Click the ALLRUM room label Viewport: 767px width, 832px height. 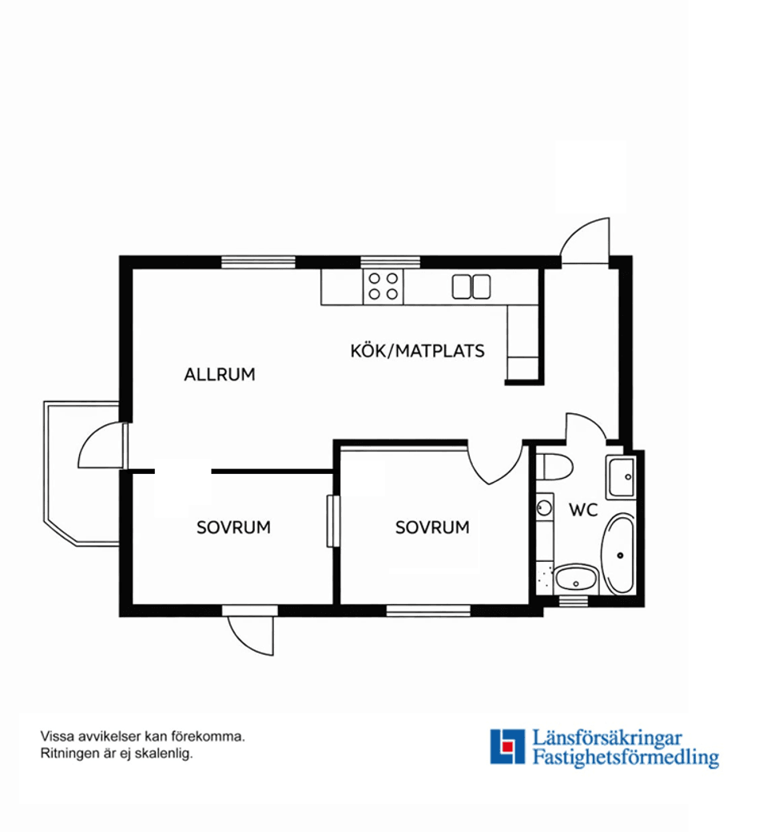click(x=220, y=375)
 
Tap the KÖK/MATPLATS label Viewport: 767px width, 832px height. click(x=417, y=351)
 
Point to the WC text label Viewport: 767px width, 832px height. click(x=583, y=510)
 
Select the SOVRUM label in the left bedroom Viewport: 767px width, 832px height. click(x=233, y=527)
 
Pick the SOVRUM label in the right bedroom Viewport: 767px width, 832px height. click(x=432, y=527)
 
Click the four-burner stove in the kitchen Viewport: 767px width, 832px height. click(x=383, y=287)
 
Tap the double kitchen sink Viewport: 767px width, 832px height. click(x=471, y=287)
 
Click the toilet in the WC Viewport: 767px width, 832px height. click(x=554, y=467)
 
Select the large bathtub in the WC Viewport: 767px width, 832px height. click(x=619, y=553)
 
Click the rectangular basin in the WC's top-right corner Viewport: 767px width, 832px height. click(x=621, y=476)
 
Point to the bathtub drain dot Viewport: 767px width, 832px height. click(x=620, y=555)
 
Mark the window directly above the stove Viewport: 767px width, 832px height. click(x=391, y=262)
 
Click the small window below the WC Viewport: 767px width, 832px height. click(x=574, y=601)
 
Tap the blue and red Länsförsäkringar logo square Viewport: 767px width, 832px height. click(x=507, y=746)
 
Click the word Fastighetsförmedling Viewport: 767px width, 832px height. click(x=626, y=757)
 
